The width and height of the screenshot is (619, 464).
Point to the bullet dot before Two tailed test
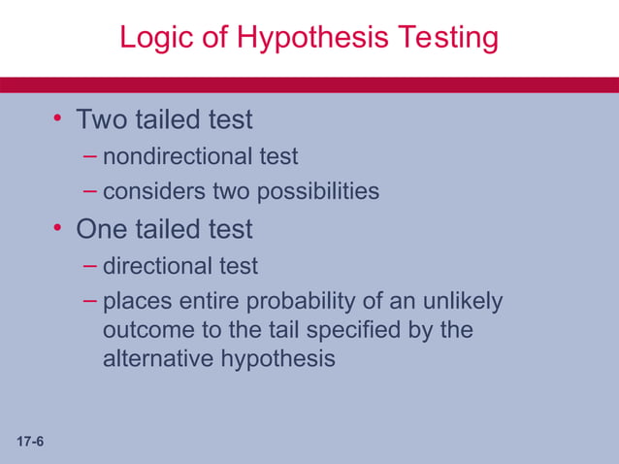click(x=58, y=119)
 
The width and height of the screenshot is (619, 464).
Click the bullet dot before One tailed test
click(x=58, y=229)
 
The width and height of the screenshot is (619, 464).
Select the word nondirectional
click(x=164, y=155)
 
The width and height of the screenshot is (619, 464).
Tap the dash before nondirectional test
click(x=90, y=155)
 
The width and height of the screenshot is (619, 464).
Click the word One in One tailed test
click(x=103, y=230)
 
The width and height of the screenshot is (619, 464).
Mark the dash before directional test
click(x=90, y=265)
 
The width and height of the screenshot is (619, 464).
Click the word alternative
click(x=157, y=358)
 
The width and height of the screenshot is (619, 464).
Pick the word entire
click(x=205, y=302)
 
